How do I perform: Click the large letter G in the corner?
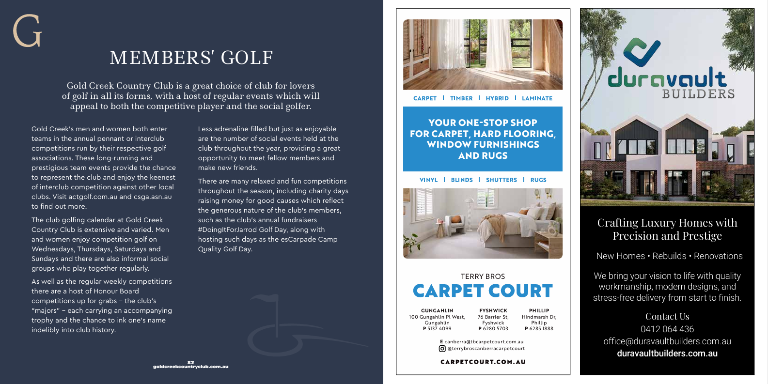coord(28,31)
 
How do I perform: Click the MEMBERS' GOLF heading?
coord(191,58)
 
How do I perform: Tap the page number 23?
coord(190,362)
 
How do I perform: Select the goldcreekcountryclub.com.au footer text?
coord(190,367)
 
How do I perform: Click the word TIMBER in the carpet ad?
coord(461,98)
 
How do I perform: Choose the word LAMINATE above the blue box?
coord(537,98)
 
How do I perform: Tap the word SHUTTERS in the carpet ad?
coord(502,180)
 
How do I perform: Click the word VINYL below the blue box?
coord(428,180)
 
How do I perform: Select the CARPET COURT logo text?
coord(483,291)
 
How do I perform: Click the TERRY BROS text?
coord(483,276)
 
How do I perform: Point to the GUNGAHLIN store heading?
coord(437,311)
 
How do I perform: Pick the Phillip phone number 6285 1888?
coord(541,329)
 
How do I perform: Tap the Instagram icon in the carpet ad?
coord(442,349)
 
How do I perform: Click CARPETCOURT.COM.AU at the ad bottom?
coord(483,362)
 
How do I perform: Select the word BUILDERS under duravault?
coord(698,94)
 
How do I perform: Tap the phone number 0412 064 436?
coord(667,329)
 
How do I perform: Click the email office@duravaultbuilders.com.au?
coord(667,341)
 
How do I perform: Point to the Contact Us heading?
coord(667,317)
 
